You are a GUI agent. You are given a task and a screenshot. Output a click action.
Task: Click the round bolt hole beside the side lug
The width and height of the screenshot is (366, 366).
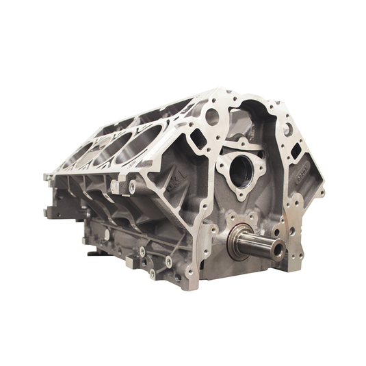[x=132, y=184]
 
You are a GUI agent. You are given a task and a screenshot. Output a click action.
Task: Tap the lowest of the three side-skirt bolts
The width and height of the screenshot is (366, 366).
[x=153, y=274]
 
